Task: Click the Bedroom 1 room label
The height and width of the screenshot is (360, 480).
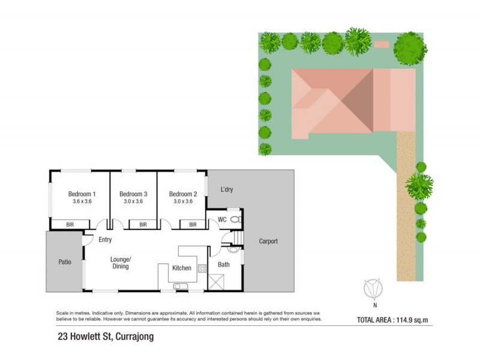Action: pos(82,194)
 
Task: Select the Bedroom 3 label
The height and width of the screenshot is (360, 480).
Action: pos(133,194)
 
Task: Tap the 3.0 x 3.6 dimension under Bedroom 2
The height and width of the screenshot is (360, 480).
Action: pos(182,202)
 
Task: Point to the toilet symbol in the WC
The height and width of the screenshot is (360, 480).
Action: pos(235,220)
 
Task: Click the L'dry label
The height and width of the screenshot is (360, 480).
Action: pos(226,190)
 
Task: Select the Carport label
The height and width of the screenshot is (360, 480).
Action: pos(268,241)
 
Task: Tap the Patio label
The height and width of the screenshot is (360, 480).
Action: pos(64,262)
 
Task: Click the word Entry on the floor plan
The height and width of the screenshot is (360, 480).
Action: pos(106,240)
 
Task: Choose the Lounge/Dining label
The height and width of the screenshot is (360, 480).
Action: pos(121,263)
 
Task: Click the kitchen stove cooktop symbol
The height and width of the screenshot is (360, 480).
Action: pos(202,268)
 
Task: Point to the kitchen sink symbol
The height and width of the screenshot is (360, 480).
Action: pos(180,287)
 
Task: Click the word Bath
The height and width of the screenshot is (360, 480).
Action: pos(223,264)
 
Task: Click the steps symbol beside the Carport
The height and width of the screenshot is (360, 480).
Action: pos(238,239)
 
